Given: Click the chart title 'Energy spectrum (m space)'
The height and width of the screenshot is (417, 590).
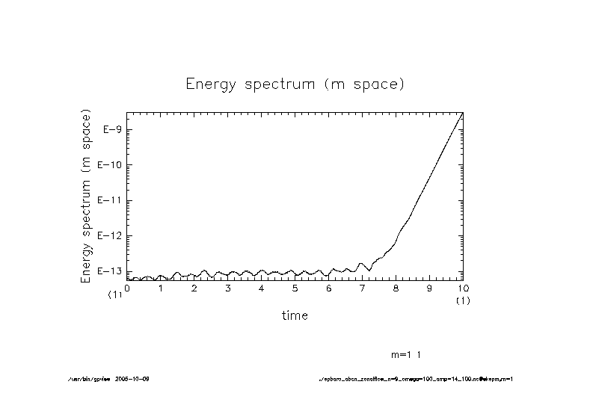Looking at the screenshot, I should pos(295,84).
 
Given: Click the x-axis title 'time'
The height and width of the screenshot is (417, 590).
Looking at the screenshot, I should pos(295,315).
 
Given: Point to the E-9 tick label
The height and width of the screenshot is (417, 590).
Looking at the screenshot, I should pos(111,130).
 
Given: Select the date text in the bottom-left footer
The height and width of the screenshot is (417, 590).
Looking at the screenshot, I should pos(134,379).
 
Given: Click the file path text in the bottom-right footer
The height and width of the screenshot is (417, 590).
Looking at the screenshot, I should pos(415,379).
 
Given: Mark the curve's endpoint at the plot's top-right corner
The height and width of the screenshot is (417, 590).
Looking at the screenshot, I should pos(463,113).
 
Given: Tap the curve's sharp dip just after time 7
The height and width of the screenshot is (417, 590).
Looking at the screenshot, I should pos(369,270).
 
